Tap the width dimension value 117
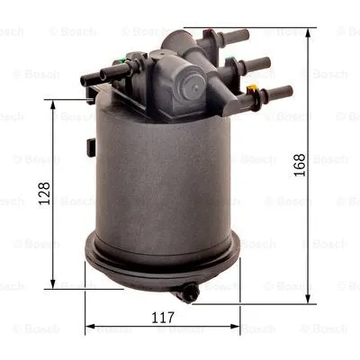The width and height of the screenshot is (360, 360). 162,316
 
